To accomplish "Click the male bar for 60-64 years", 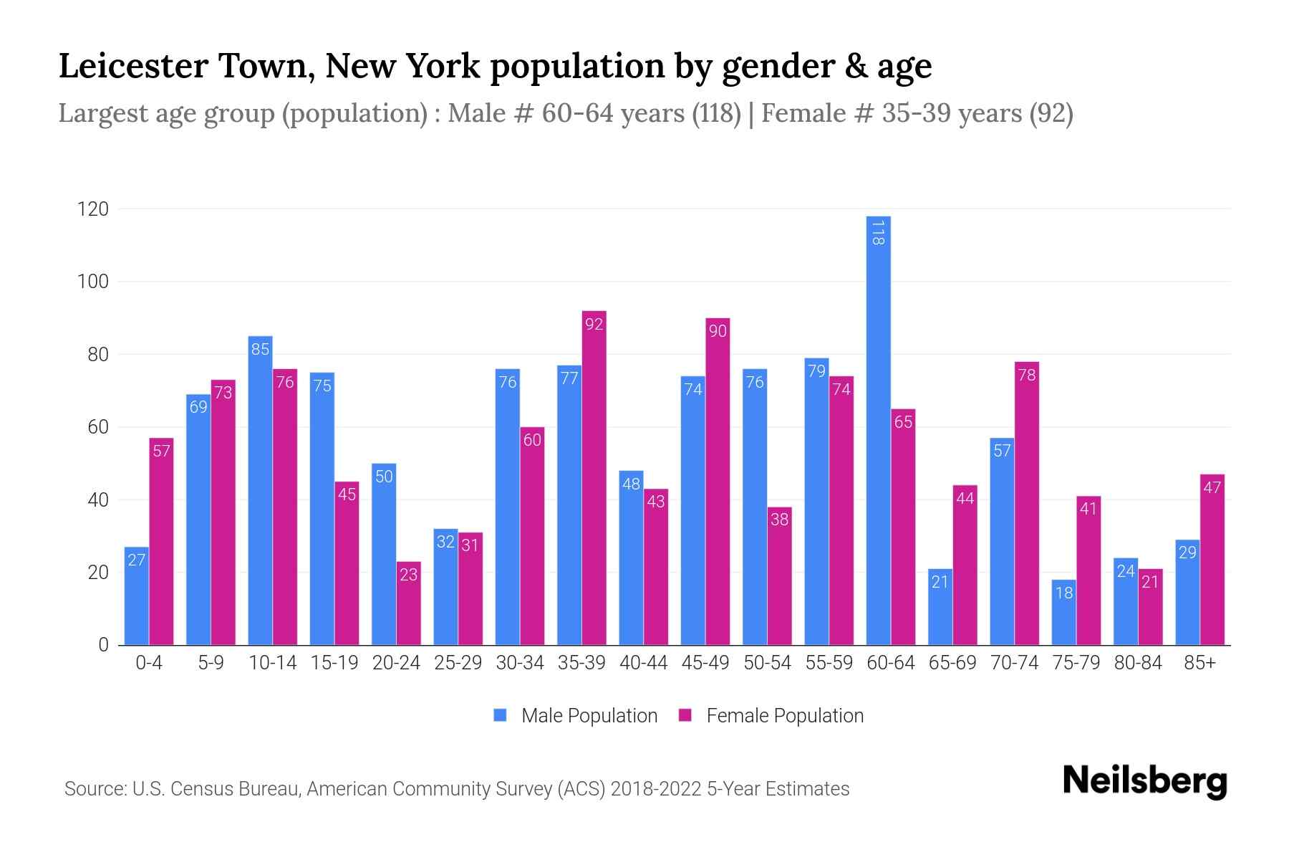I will click(x=878, y=430).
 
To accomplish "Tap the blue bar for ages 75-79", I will click(x=1063, y=613).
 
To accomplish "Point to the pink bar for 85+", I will click(x=1212, y=560).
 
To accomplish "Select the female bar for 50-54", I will click(x=779, y=576).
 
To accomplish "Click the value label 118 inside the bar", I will click(x=878, y=233).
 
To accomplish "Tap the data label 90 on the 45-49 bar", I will click(x=718, y=330).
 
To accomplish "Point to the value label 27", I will click(x=137, y=560).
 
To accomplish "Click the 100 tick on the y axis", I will click(x=93, y=282).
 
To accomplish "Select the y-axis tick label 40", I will click(x=97, y=500).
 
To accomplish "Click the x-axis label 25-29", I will click(x=458, y=663).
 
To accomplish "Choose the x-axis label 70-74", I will click(x=1014, y=663).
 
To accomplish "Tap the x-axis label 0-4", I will click(x=149, y=663).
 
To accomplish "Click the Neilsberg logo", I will click(x=1144, y=781).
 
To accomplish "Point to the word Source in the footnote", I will click(x=95, y=789).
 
